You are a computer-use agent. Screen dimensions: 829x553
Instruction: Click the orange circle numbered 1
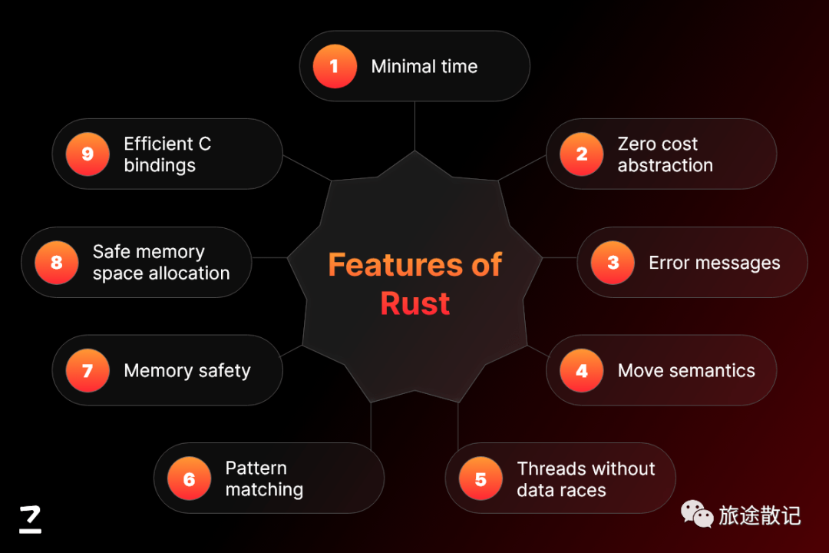335,66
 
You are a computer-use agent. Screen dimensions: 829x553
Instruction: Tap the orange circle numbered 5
481,479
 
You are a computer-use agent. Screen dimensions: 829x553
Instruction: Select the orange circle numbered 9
88,154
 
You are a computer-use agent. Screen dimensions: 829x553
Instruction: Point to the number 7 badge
88,371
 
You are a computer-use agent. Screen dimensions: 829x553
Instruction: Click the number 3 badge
613,263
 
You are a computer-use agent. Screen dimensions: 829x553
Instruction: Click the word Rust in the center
414,304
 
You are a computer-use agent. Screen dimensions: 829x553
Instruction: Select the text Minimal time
424,67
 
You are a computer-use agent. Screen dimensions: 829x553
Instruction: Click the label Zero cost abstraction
665,154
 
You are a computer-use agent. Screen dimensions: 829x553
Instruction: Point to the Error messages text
714,263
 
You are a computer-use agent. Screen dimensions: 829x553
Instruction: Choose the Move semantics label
686,371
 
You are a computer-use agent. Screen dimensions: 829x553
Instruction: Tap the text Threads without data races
586,479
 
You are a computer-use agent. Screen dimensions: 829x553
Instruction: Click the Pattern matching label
264,478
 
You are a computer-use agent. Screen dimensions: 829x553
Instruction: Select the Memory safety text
187,371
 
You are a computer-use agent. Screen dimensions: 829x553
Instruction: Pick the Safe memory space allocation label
161,263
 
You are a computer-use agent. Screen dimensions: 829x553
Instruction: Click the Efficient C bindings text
167,154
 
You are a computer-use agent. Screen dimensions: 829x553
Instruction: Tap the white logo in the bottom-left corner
31,519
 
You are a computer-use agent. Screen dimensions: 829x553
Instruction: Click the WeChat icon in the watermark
697,514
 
